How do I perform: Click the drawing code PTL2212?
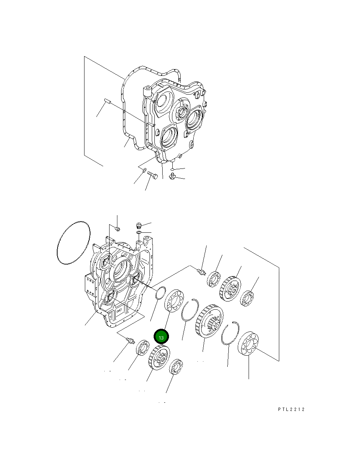click(x=291, y=409)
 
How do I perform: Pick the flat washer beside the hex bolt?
click(x=144, y=171)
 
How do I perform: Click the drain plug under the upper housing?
click(x=173, y=176)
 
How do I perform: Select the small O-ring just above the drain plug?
click(x=172, y=169)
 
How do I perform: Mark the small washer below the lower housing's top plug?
click(x=139, y=233)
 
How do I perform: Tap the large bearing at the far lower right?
click(x=248, y=343)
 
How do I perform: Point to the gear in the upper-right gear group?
click(x=230, y=288)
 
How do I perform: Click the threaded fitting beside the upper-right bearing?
click(x=201, y=271)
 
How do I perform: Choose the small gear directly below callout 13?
click(x=159, y=358)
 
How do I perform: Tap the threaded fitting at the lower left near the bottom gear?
click(x=130, y=340)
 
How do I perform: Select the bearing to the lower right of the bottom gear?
click(x=175, y=367)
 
